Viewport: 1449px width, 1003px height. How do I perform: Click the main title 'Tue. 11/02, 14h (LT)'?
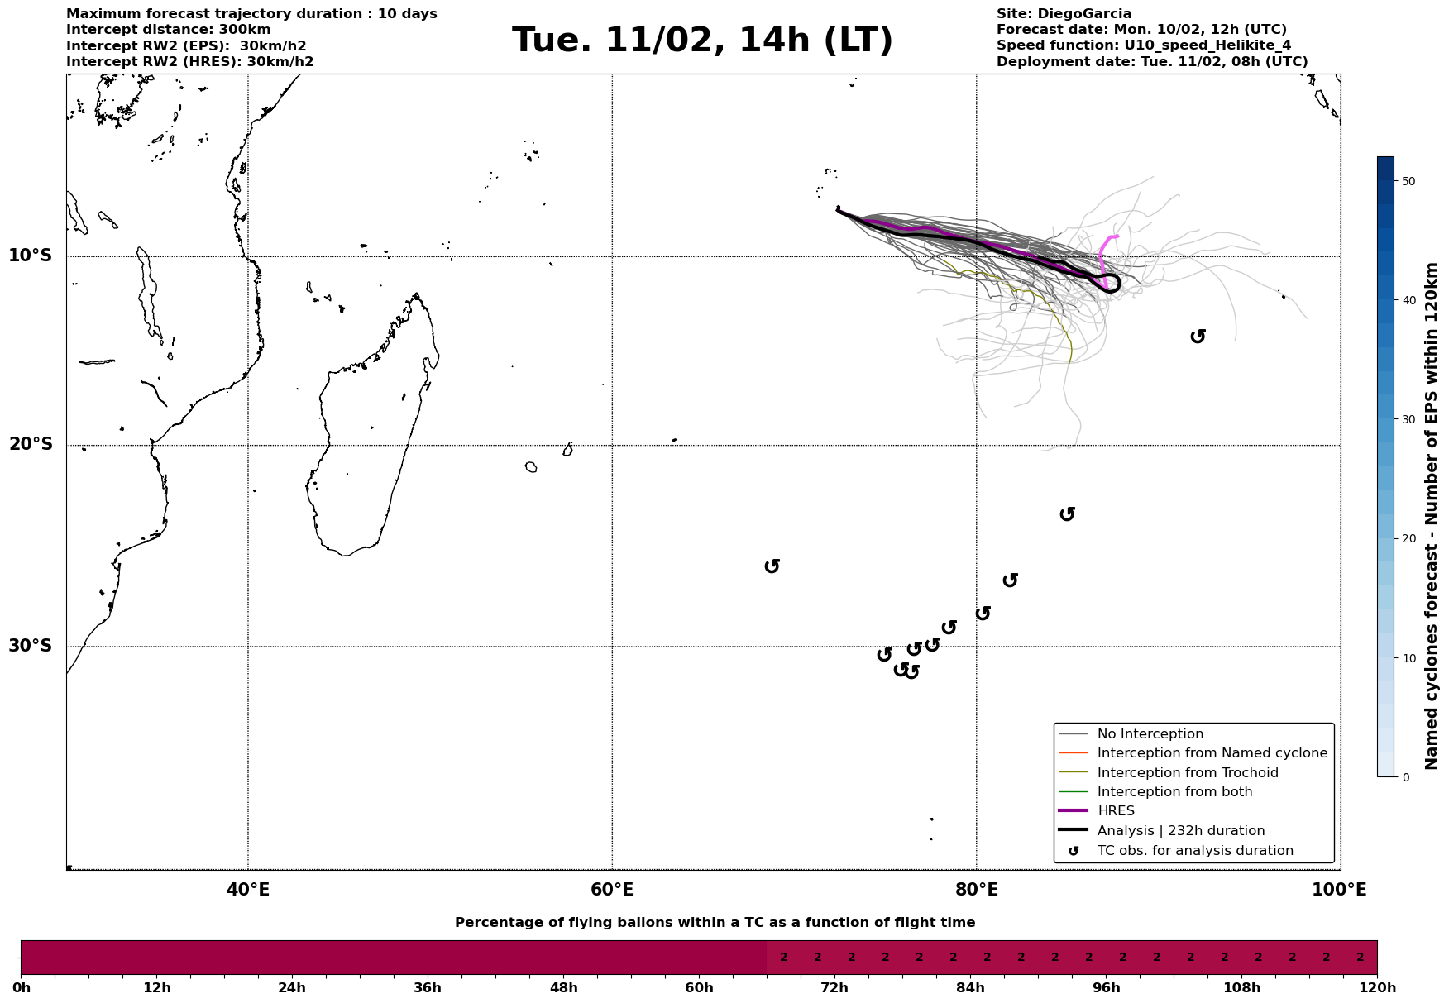702,41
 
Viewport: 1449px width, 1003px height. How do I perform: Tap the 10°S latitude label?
31,256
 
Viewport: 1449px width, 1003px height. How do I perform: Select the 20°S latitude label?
31,445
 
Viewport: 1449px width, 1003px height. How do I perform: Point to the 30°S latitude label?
31,646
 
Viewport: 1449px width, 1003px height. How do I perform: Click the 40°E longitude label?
248,891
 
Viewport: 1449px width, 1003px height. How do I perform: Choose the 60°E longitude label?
612,891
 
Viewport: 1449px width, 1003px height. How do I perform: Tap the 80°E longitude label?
976,891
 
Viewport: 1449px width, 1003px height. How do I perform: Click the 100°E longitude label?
1339,891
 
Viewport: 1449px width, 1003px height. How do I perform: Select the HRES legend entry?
1116,811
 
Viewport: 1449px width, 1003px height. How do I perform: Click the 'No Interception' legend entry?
1150,734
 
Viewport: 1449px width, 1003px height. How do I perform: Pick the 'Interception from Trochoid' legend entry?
1187,773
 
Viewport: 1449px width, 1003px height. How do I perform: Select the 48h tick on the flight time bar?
563,988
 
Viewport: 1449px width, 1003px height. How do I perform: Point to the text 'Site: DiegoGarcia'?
1064,14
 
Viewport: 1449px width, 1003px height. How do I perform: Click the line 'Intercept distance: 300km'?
168,30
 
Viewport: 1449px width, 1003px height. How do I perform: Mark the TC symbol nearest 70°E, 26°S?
772,566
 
